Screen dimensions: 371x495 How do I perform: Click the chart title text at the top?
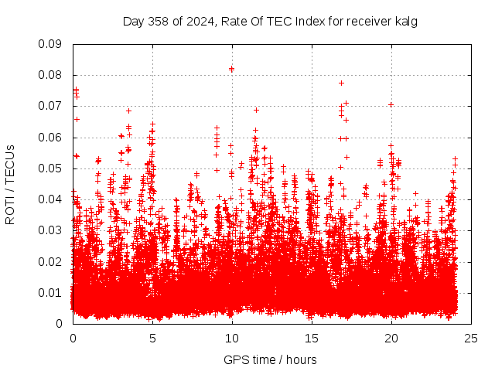tap(270, 22)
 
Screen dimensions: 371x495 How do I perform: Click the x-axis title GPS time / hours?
tap(270, 359)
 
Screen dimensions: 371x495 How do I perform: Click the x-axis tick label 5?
tap(152, 338)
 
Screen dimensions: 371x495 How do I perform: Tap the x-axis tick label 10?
tap(232, 338)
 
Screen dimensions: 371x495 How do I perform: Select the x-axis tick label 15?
tap(312, 338)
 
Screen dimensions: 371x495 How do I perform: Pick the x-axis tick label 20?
tap(391, 338)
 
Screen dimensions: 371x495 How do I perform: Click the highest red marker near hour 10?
tap(231, 69)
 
